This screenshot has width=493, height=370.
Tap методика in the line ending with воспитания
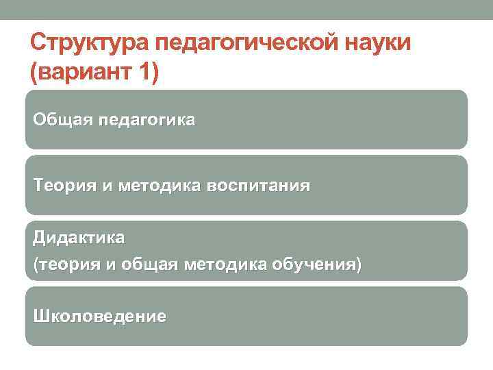[161, 186]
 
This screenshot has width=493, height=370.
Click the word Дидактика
[79, 238]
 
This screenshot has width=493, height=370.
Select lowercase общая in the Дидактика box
[143, 265]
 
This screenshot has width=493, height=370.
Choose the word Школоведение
[99, 317]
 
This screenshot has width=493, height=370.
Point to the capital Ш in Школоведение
[40, 317]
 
